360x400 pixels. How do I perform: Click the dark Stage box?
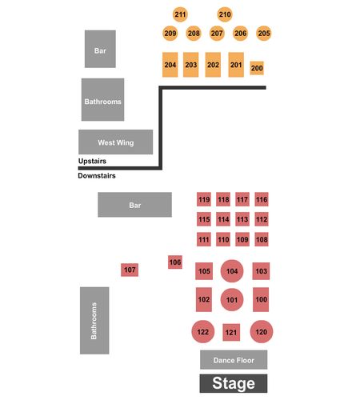tap(234, 383)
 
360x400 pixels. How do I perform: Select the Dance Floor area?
tap(234, 360)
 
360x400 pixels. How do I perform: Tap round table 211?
tap(180, 14)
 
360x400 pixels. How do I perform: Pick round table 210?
tap(225, 14)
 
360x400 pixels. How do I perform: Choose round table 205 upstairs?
tap(264, 34)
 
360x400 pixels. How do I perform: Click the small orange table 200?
tap(257, 68)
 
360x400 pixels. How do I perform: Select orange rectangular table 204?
tap(170, 65)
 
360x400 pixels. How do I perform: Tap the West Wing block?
tap(116, 142)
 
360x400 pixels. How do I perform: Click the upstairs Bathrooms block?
tap(102, 99)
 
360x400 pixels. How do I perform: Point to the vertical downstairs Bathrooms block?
tap(94, 321)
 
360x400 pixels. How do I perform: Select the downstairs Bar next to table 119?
tap(134, 205)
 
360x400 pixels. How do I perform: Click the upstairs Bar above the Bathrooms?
tap(100, 49)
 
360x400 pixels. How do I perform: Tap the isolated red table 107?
tap(130, 270)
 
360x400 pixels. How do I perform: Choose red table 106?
tap(175, 262)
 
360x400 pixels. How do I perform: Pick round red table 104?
tap(232, 271)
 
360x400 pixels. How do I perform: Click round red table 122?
tap(203, 331)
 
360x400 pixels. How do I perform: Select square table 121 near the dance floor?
tap(231, 332)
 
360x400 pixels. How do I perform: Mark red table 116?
tap(262, 199)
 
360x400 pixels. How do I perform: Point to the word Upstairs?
tap(92, 161)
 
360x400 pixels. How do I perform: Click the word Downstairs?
tap(97, 175)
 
